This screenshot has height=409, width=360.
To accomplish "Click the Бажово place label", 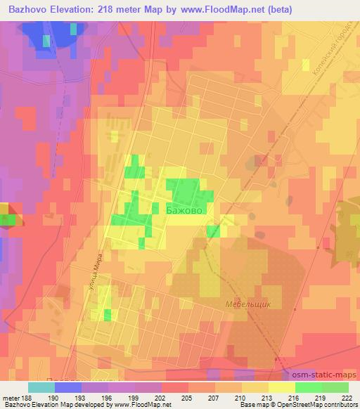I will click(x=185, y=209).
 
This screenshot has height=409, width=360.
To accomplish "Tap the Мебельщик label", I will click(x=248, y=305).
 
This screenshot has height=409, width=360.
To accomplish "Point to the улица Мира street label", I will click(x=98, y=275).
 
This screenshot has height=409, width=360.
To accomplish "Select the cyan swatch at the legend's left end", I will click(x=41, y=387).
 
